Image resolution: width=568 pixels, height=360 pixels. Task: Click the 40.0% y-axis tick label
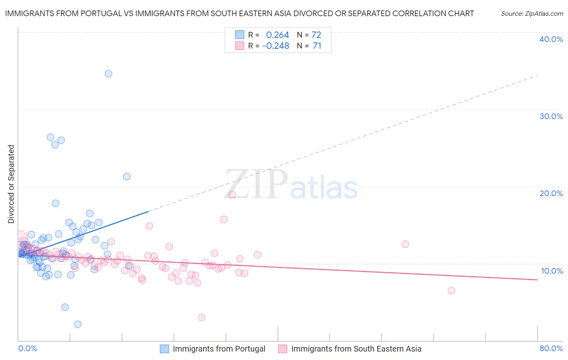click(551, 39)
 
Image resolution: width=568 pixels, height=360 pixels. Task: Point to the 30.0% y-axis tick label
click(551, 116)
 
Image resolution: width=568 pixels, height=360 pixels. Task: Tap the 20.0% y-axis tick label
click(551, 193)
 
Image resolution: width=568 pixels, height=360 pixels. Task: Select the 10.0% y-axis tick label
click(552, 271)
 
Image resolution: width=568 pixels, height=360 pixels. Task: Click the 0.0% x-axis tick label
click(27, 348)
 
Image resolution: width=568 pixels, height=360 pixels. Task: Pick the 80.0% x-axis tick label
click(551, 348)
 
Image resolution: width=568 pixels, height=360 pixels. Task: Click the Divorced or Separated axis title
click(11, 184)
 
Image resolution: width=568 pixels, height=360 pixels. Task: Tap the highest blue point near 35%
click(108, 73)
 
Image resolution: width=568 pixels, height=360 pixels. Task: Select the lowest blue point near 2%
click(78, 324)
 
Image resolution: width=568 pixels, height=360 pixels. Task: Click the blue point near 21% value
click(126, 176)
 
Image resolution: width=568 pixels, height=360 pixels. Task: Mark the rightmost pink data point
click(451, 291)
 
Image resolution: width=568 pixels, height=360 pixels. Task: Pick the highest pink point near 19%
click(232, 195)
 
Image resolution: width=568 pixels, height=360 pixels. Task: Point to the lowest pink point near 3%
click(201, 317)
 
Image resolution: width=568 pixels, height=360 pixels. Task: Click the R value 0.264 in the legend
click(277, 35)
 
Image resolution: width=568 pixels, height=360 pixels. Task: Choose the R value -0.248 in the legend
click(276, 46)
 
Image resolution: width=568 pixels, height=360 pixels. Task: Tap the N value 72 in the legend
click(316, 35)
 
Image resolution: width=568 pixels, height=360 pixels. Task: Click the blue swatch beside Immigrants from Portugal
click(164, 349)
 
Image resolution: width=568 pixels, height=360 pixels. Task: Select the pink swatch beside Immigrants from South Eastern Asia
click(283, 349)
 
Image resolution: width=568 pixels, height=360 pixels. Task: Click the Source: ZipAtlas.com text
click(532, 14)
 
